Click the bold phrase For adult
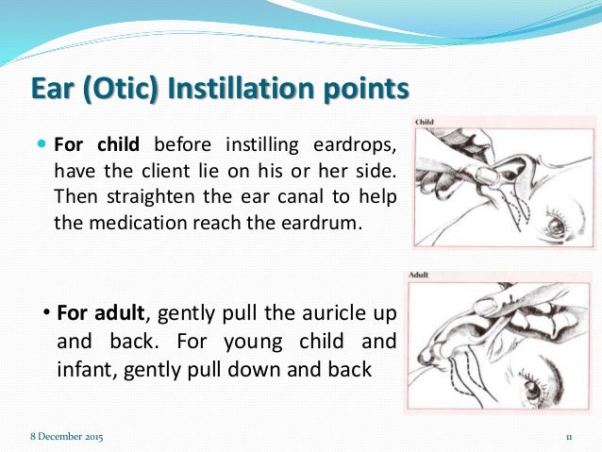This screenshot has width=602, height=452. pos(102,312)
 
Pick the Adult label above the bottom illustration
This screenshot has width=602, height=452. pos(421,276)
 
